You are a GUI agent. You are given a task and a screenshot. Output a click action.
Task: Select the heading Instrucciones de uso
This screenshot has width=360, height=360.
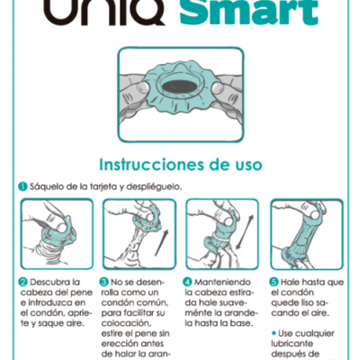point(180,166)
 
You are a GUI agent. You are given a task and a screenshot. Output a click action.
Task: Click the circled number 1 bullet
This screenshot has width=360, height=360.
point(22,186)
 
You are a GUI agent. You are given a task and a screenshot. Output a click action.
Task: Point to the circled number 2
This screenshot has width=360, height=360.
point(22,281)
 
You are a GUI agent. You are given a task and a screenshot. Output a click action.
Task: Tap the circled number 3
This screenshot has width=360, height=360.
point(104,281)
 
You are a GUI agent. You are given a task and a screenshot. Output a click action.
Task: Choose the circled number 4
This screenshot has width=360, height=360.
point(187,281)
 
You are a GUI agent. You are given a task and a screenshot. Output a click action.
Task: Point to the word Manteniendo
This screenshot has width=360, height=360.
point(221,281)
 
